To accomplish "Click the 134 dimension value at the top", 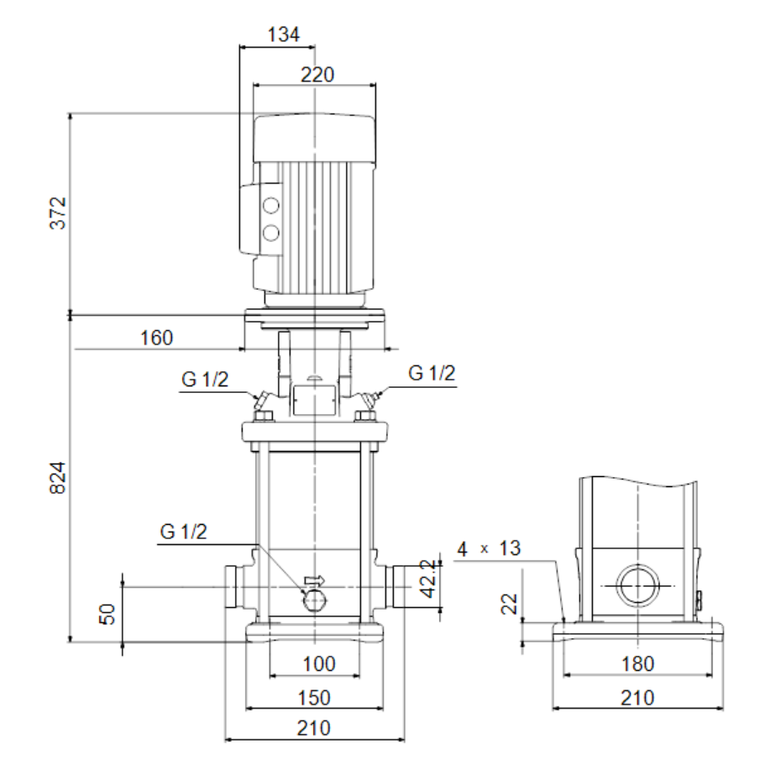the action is tap(283, 34).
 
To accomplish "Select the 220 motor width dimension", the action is tap(317, 75).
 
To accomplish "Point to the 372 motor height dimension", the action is tap(58, 213).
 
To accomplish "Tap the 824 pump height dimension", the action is tap(58, 478).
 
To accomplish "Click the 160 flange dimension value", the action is tap(156, 338).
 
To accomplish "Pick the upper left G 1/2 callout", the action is tap(205, 379).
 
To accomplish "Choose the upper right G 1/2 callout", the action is tap(432, 373).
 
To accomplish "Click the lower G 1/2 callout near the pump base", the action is tap(183, 532).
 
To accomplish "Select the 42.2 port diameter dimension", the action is tap(428, 579).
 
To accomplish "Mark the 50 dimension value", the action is tap(108, 614).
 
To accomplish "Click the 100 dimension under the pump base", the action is tap(319, 663).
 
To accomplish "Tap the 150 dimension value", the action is tap(314, 698).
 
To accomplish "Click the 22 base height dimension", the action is tap(510, 604).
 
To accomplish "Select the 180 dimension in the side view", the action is tap(637, 663).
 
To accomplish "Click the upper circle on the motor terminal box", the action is tap(270, 205).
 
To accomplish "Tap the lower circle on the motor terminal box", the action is tap(270, 233).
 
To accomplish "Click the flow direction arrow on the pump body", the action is tap(314, 580).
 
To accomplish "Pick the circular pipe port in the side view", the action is tap(637, 585).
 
